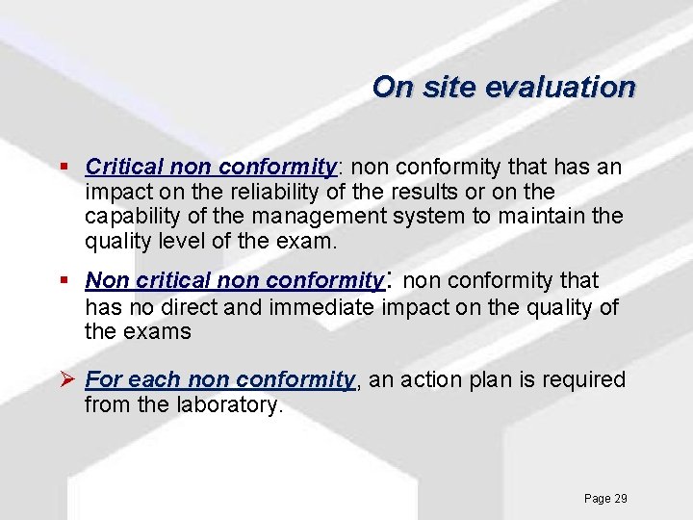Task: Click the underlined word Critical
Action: click(x=121, y=168)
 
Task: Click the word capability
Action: click(x=131, y=217)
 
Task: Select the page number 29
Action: click(x=620, y=499)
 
